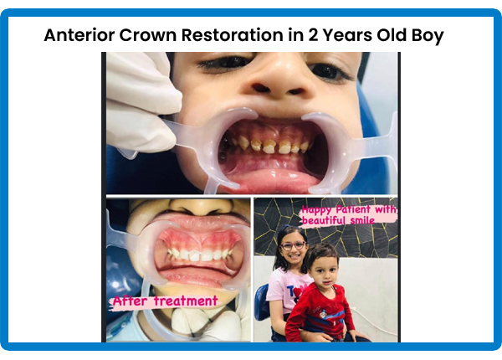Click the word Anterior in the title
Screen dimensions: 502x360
point(79,35)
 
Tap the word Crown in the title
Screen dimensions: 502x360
point(148,35)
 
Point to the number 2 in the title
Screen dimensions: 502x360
point(313,35)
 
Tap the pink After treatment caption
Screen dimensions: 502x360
point(165,301)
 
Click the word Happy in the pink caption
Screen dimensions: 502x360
point(317,210)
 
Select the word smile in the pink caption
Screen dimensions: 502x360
point(361,220)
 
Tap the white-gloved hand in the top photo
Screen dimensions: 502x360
point(141,102)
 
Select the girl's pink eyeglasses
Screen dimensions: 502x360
point(293,246)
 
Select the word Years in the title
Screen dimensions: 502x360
point(347,35)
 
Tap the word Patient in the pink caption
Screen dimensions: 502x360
point(353,210)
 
